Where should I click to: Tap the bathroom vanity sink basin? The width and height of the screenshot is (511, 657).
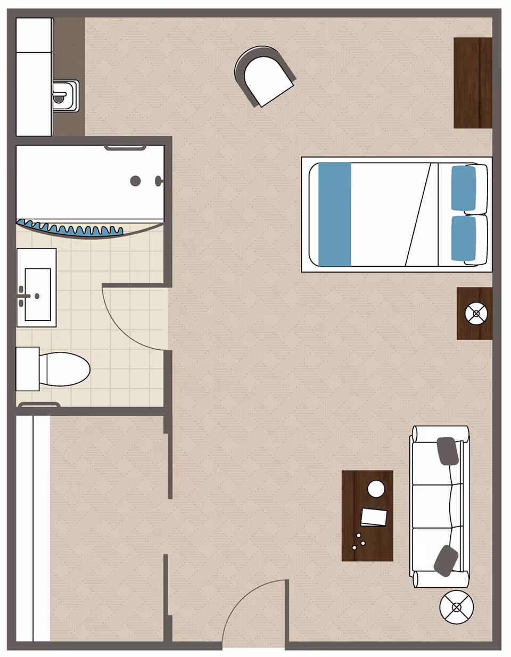pyautogui.click(x=38, y=294)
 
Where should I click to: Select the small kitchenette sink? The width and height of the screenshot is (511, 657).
pyautogui.click(x=65, y=96)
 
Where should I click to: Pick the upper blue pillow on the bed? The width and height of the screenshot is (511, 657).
pyautogui.click(x=463, y=188)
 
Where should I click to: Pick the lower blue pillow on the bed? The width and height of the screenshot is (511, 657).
pyautogui.click(x=463, y=238)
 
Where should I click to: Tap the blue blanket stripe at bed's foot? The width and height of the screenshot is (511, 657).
pyautogui.click(x=335, y=215)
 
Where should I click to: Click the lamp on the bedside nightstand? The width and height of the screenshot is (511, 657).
pyautogui.click(x=476, y=314)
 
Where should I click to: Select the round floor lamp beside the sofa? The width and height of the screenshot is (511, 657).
pyautogui.click(x=457, y=607)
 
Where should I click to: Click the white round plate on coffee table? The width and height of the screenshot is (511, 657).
pyautogui.click(x=376, y=489)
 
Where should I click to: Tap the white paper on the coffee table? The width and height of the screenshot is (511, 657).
pyautogui.click(x=374, y=517)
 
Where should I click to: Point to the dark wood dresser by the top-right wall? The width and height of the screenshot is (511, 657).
pyautogui.click(x=473, y=83)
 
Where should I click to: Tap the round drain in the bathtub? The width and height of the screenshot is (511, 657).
pyautogui.click(x=135, y=181)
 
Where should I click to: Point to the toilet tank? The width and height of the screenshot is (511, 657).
pyautogui.click(x=27, y=368)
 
